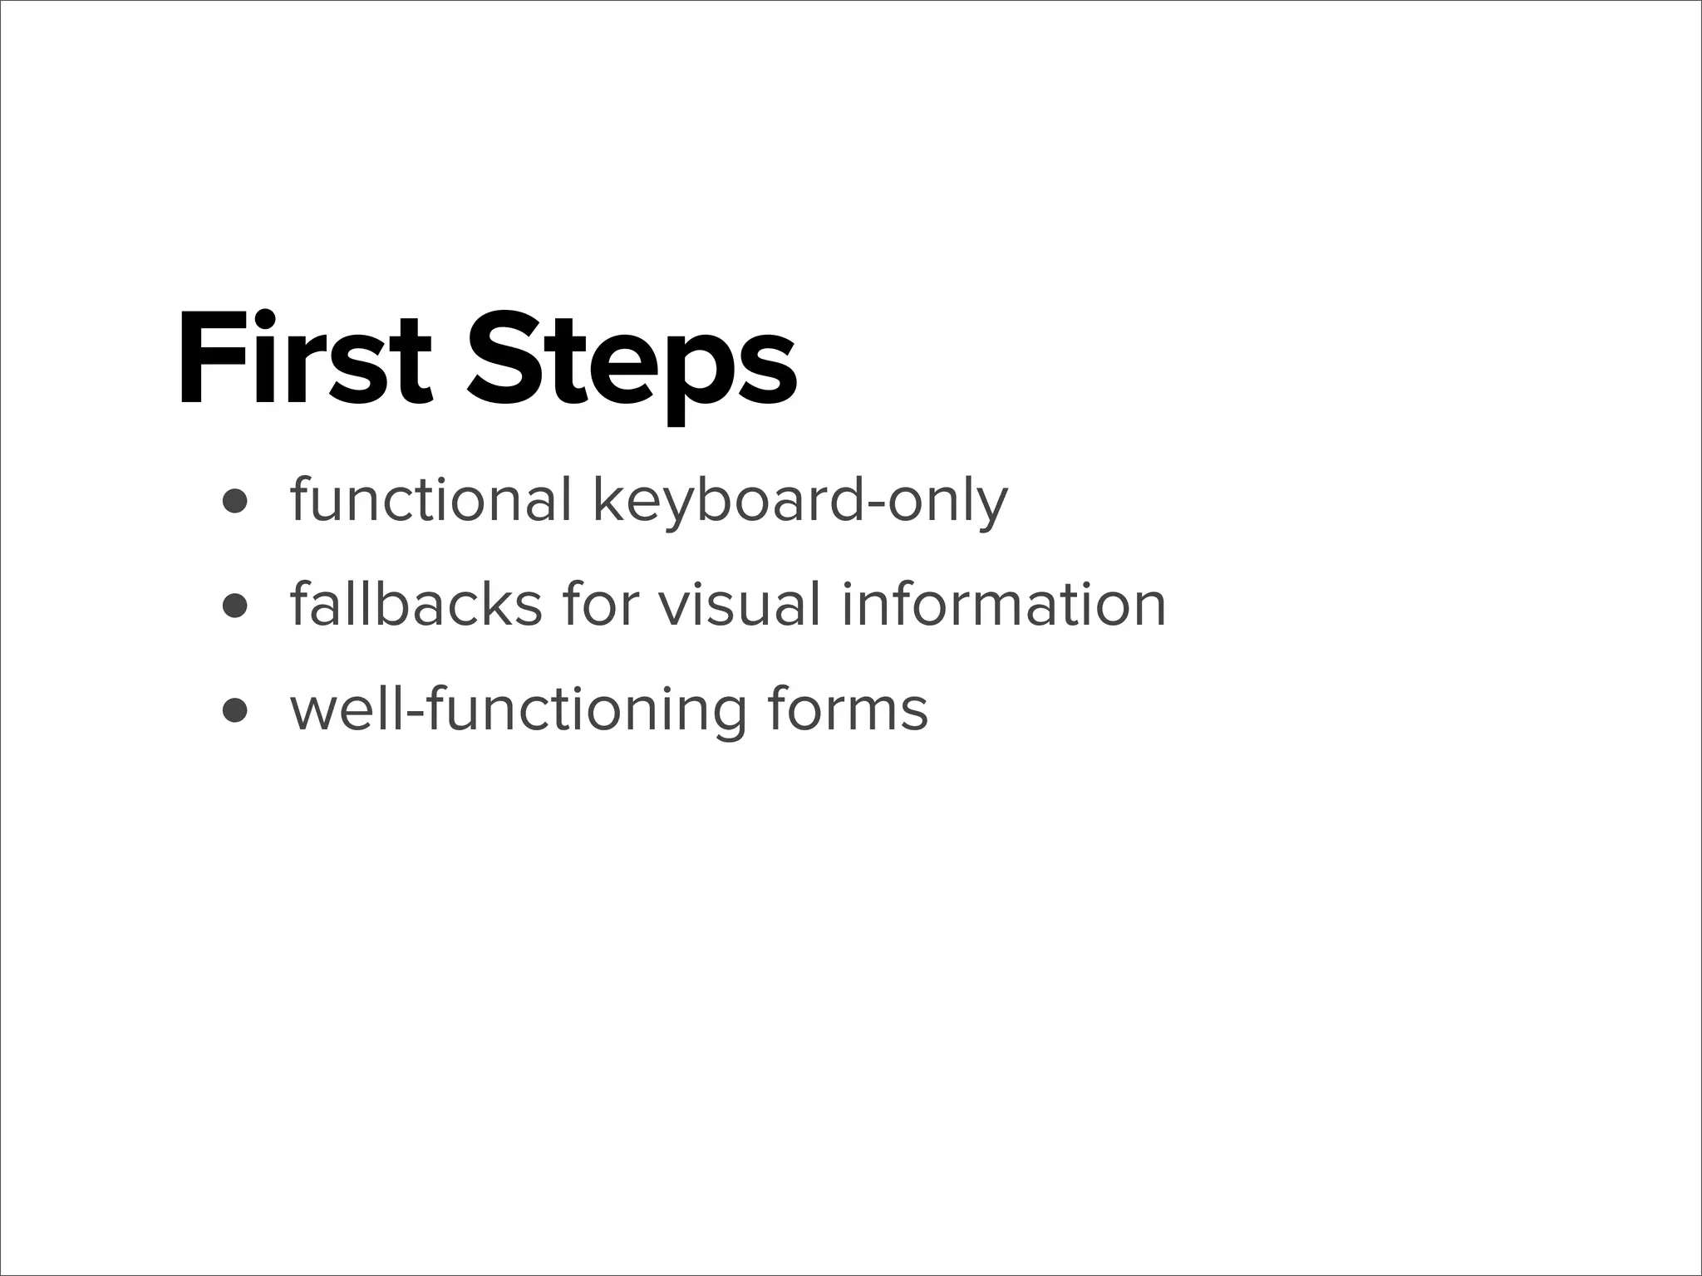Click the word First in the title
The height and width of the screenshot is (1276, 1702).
[304, 359]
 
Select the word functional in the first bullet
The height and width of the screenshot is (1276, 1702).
[430, 500]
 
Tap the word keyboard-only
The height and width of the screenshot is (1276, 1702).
[799, 503]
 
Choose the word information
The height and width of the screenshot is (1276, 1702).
[1004, 604]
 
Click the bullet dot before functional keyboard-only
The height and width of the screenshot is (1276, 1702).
[236, 502]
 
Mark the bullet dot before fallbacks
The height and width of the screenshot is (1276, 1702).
[236, 606]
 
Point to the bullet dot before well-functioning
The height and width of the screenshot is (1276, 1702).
[236, 711]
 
